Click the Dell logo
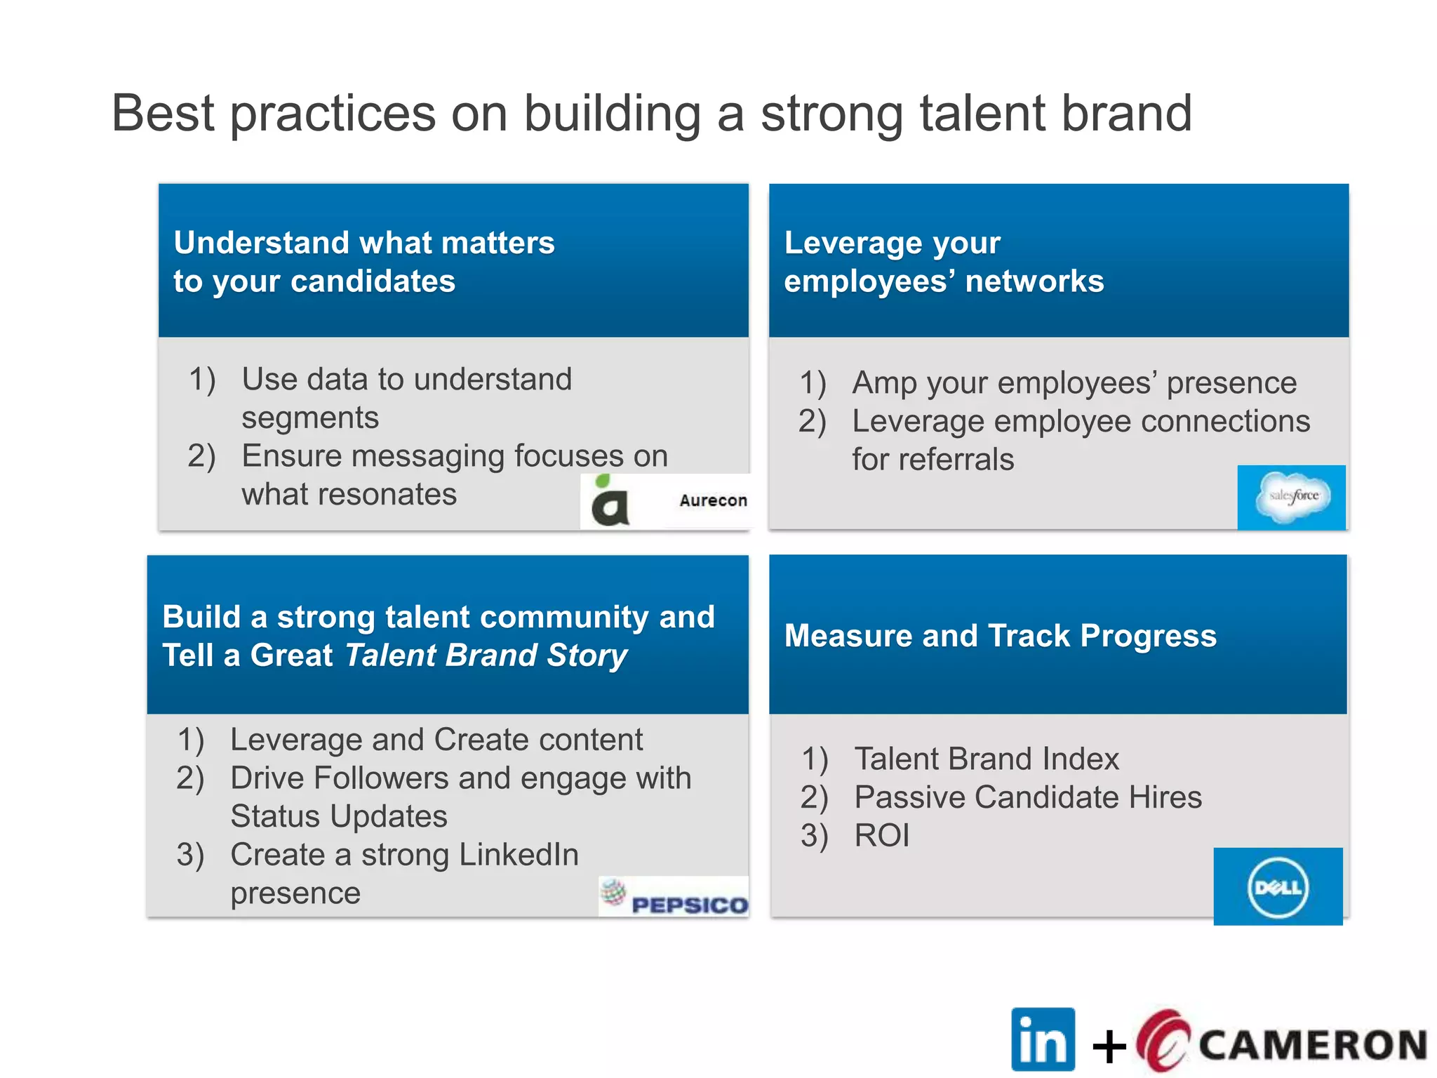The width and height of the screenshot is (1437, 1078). tap(1278, 888)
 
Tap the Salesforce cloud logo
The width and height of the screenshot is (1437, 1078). tap(1292, 497)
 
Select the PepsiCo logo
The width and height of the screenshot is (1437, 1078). tap(675, 898)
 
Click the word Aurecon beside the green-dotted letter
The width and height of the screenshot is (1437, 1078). tap(713, 500)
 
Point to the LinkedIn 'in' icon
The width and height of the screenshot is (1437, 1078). tap(1043, 1039)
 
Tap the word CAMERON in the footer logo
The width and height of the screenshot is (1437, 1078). tap(1312, 1045)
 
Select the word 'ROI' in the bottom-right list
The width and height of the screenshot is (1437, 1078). tap(882, 836)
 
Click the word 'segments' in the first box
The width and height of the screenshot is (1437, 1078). tap(310, 418)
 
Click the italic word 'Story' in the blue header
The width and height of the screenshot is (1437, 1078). tap(587, 656)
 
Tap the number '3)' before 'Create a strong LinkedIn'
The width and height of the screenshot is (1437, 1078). tap(190, 855)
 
